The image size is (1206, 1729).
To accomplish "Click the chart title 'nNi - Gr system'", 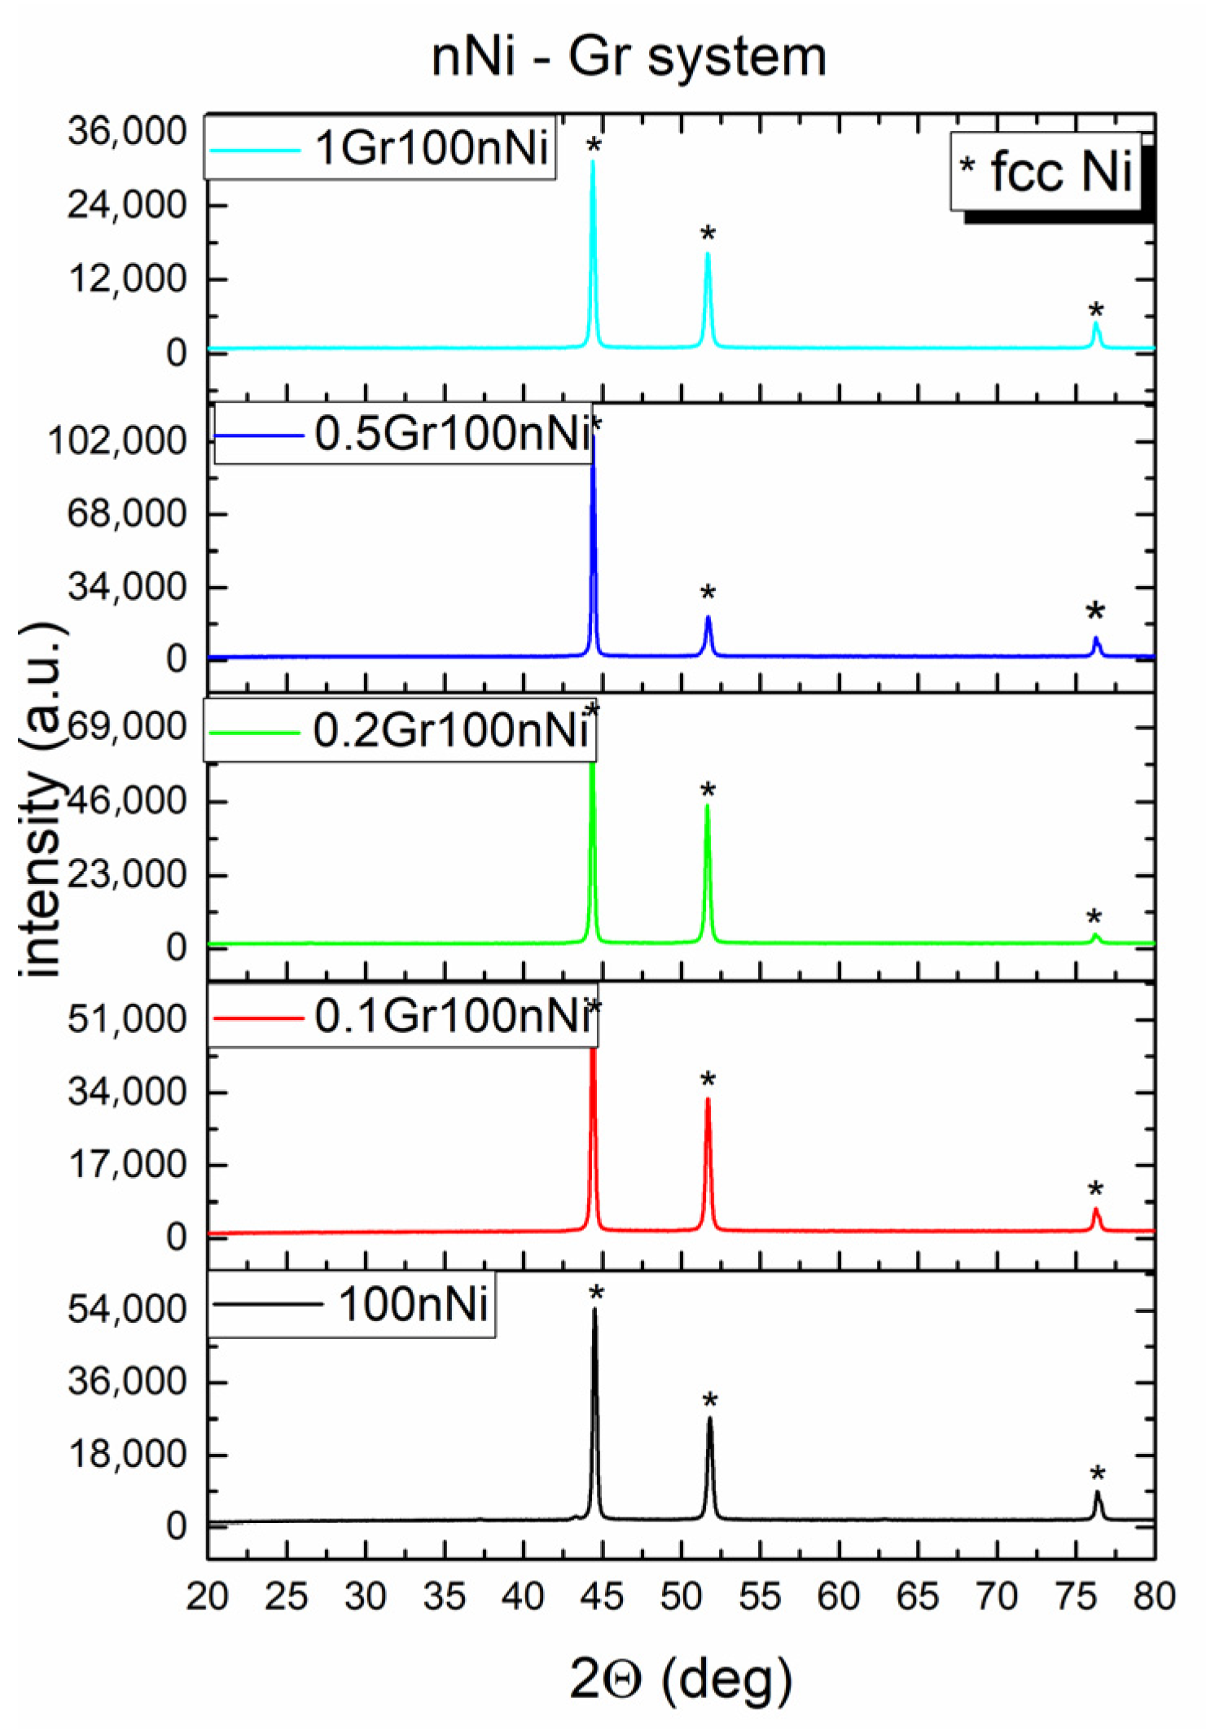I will click(x=629, y=57).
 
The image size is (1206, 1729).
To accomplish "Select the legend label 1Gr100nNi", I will click(x=432, y=148).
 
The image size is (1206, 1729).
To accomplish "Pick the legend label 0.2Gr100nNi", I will click(x=450, y=729).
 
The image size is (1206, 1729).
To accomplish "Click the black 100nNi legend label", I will click(x=413, y=1305).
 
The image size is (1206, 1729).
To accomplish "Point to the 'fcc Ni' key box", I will click(x=1048, y=172).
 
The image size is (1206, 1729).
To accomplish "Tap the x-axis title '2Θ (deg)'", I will click(x=680, y=1679).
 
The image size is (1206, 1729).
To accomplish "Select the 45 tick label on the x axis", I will click(x=602, y=1596).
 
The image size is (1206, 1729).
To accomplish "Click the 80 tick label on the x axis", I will click(x=1154, y=1596).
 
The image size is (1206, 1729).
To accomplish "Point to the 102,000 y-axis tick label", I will click(x=117, y=441).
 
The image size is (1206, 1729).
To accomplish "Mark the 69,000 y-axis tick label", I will click(x=127, y=726).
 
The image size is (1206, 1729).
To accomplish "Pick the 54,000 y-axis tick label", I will click(x=127, y=1310).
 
